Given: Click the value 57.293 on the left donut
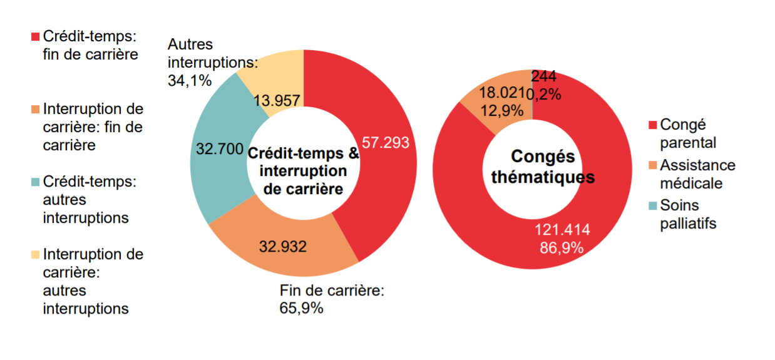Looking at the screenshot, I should (386, 143).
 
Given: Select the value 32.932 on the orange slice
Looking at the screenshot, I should (283, 247).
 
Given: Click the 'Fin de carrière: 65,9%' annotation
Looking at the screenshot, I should (331, 299).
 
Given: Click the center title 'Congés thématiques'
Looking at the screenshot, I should (543, 167).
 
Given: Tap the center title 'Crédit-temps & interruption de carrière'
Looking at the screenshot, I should (304, 172).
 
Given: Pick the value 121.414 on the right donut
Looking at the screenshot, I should (562, 230).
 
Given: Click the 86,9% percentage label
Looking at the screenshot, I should (562, 248).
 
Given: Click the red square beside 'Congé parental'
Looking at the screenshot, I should (654, 125).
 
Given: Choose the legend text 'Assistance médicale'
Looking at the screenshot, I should (697, 174).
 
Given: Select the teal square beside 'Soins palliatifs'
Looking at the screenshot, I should (654, 205).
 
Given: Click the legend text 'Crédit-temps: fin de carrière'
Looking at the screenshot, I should (90, 45).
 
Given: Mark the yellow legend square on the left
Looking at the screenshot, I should (35, 255).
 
